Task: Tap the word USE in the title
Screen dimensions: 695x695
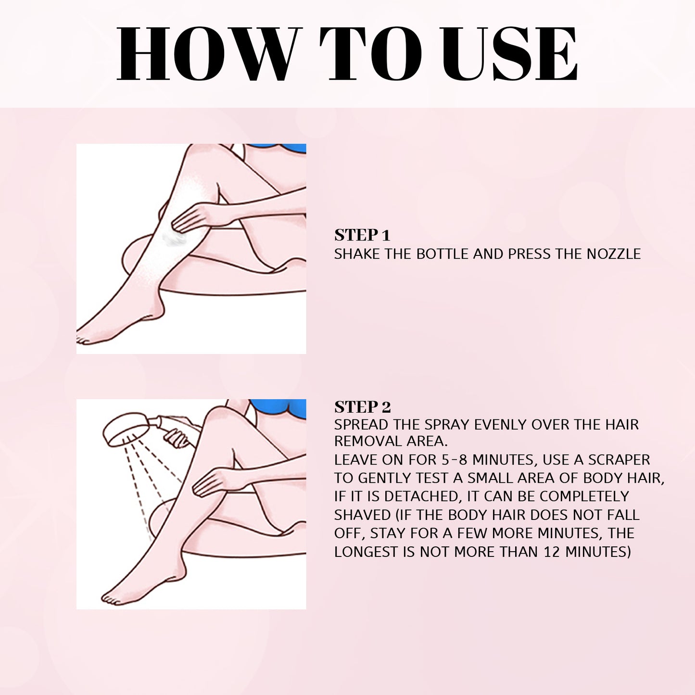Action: (510, 54)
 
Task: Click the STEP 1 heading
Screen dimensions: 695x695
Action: (362, 235)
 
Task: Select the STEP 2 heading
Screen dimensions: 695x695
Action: (363, 407)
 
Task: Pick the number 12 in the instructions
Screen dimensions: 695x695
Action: (553, 552)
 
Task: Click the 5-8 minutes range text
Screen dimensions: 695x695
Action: (454, 460)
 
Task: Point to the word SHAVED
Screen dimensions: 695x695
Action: (362, 515)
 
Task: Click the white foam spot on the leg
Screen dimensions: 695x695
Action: (173, 238)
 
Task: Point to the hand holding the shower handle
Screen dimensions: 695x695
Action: (177, 438)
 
